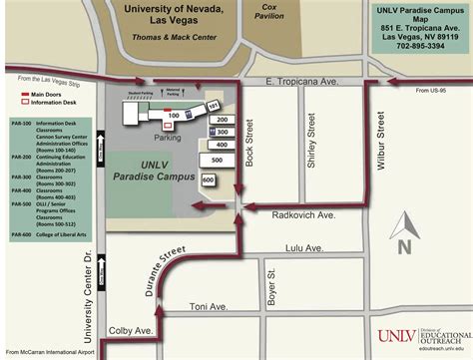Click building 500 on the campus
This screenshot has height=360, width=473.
pos(217,160)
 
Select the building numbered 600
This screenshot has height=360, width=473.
pos(208,180)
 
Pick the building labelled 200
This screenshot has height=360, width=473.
pos(222,119)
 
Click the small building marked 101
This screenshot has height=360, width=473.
pos(212,105)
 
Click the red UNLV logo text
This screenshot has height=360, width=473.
pos(395,339)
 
